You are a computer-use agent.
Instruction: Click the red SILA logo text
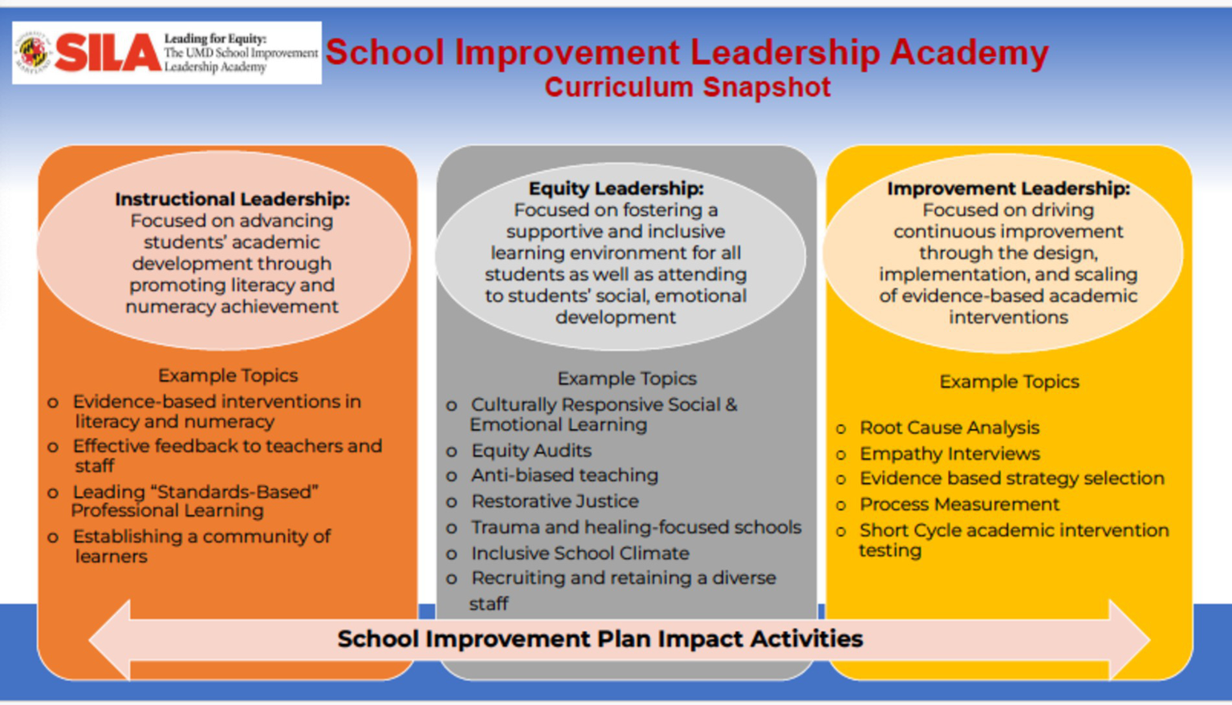pyautogui.click(x=108, y=52)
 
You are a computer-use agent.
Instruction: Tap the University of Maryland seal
pyautogui.click(x=34, y=52)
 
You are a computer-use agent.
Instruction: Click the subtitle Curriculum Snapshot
pyautogui.click(x=688, y=87)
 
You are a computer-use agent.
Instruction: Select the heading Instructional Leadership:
pyautogui.click(x=232, y=199)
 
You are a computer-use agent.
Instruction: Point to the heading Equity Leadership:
pyautogui.click(x=616, y=188)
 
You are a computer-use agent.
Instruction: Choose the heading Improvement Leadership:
pyautogui.click(x=1008, y=188)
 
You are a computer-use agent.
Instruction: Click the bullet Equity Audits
pyautogui.click(x=531, y=451)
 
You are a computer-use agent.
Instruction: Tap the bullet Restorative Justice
pyautogui.click(x=555, y=501)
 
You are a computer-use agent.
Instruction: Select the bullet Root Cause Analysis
pyautogui.click(x=949, y=427)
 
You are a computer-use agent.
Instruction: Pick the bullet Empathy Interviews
pyautogui.click(x=949, y=454)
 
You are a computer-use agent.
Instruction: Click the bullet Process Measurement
pyautogui.click(x=959, y=504)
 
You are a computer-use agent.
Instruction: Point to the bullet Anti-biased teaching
pyautogui.click(x=564, y=476)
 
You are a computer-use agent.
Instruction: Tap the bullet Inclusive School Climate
pyautogui.click(x=580, y=553)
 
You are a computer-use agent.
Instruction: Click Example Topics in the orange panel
pyautogui.click(x=228, y=376)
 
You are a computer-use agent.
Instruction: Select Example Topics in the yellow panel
pyautogui.click(x=1009, y=382)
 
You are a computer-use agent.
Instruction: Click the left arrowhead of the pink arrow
pyautogui.click(x=110, y=639)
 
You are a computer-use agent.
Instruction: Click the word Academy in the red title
pyautogui.click(x=969, y=53)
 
